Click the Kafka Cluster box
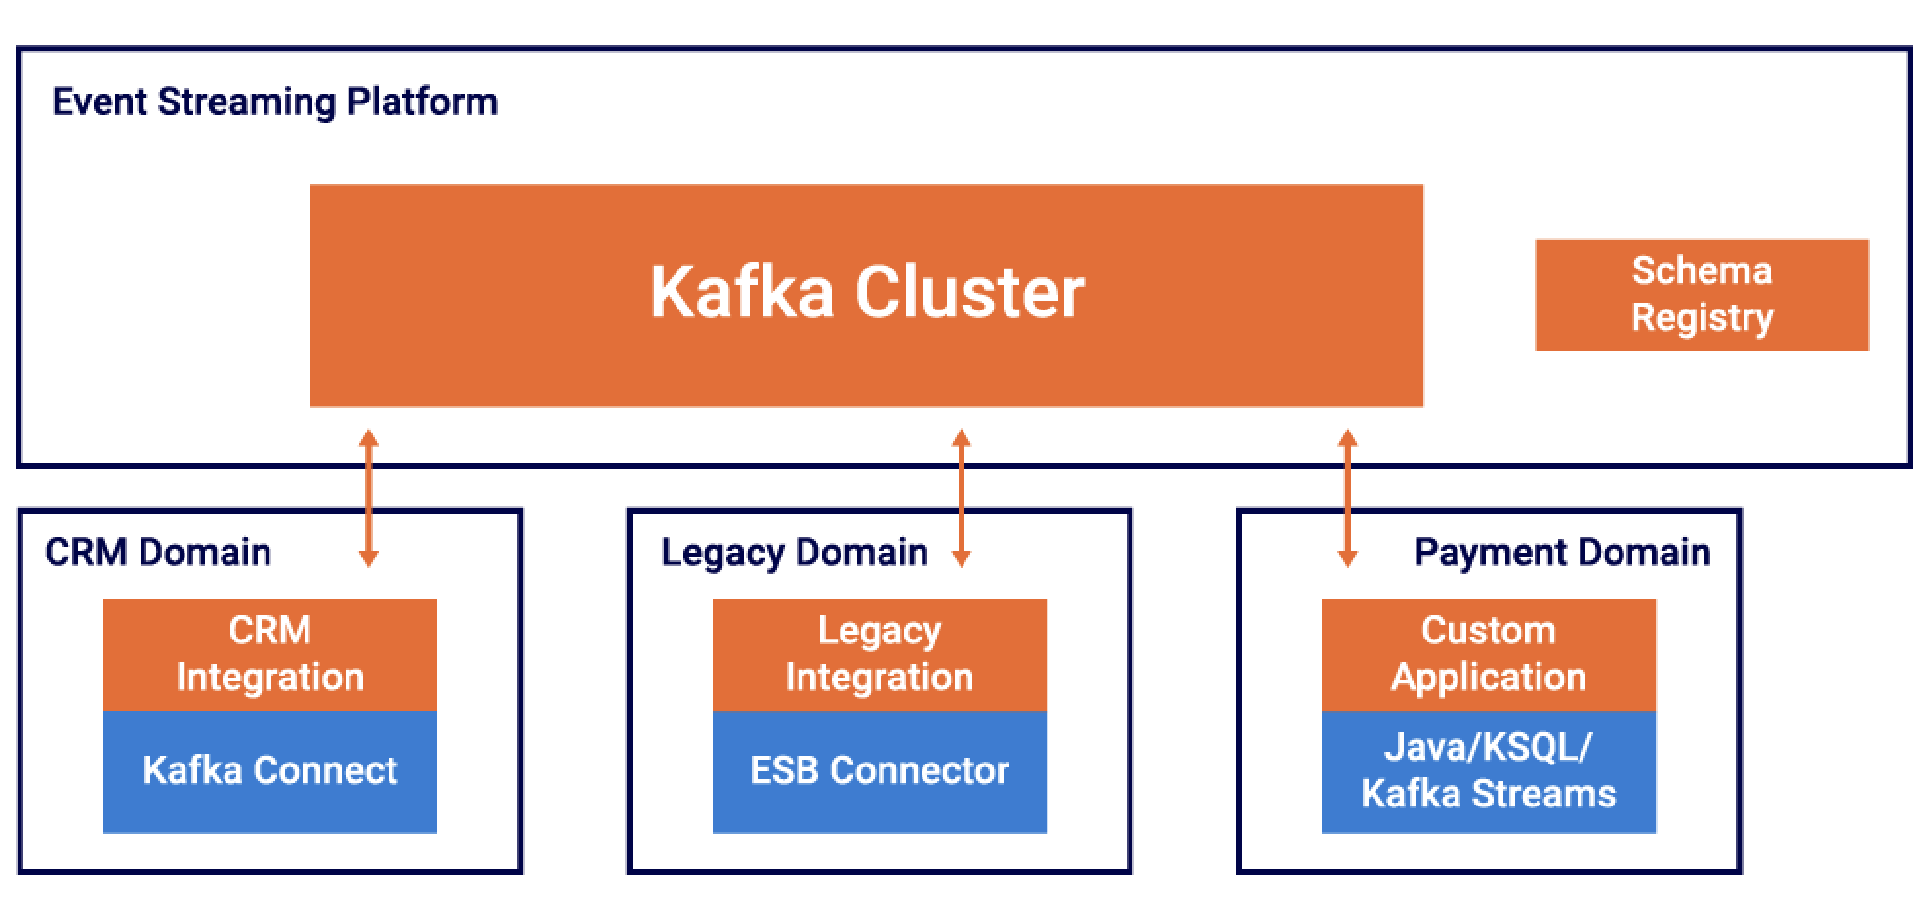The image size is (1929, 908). (866, 294)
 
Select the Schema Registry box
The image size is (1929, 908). (1701, 295)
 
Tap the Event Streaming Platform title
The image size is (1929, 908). (274, 103)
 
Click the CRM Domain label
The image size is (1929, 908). (158, 553)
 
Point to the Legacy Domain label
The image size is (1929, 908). (794, 553)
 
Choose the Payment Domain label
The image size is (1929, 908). (1562, 553)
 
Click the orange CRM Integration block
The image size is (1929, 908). (269, 654)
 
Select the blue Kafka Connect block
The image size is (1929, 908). (269, 771)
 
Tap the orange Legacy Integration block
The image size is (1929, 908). (879, 654)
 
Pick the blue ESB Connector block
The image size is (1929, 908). (879, 771)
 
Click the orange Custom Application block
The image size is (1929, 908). (1488, 654)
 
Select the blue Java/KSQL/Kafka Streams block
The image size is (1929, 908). (1488, 771)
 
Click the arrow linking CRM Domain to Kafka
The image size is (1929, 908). (368, 498)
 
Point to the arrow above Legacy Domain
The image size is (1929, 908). (961, 498)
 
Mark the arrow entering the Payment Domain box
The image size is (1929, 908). (1347, 498)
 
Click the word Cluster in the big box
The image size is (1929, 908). (969, 293)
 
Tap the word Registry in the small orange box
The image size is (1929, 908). (1702, 318)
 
